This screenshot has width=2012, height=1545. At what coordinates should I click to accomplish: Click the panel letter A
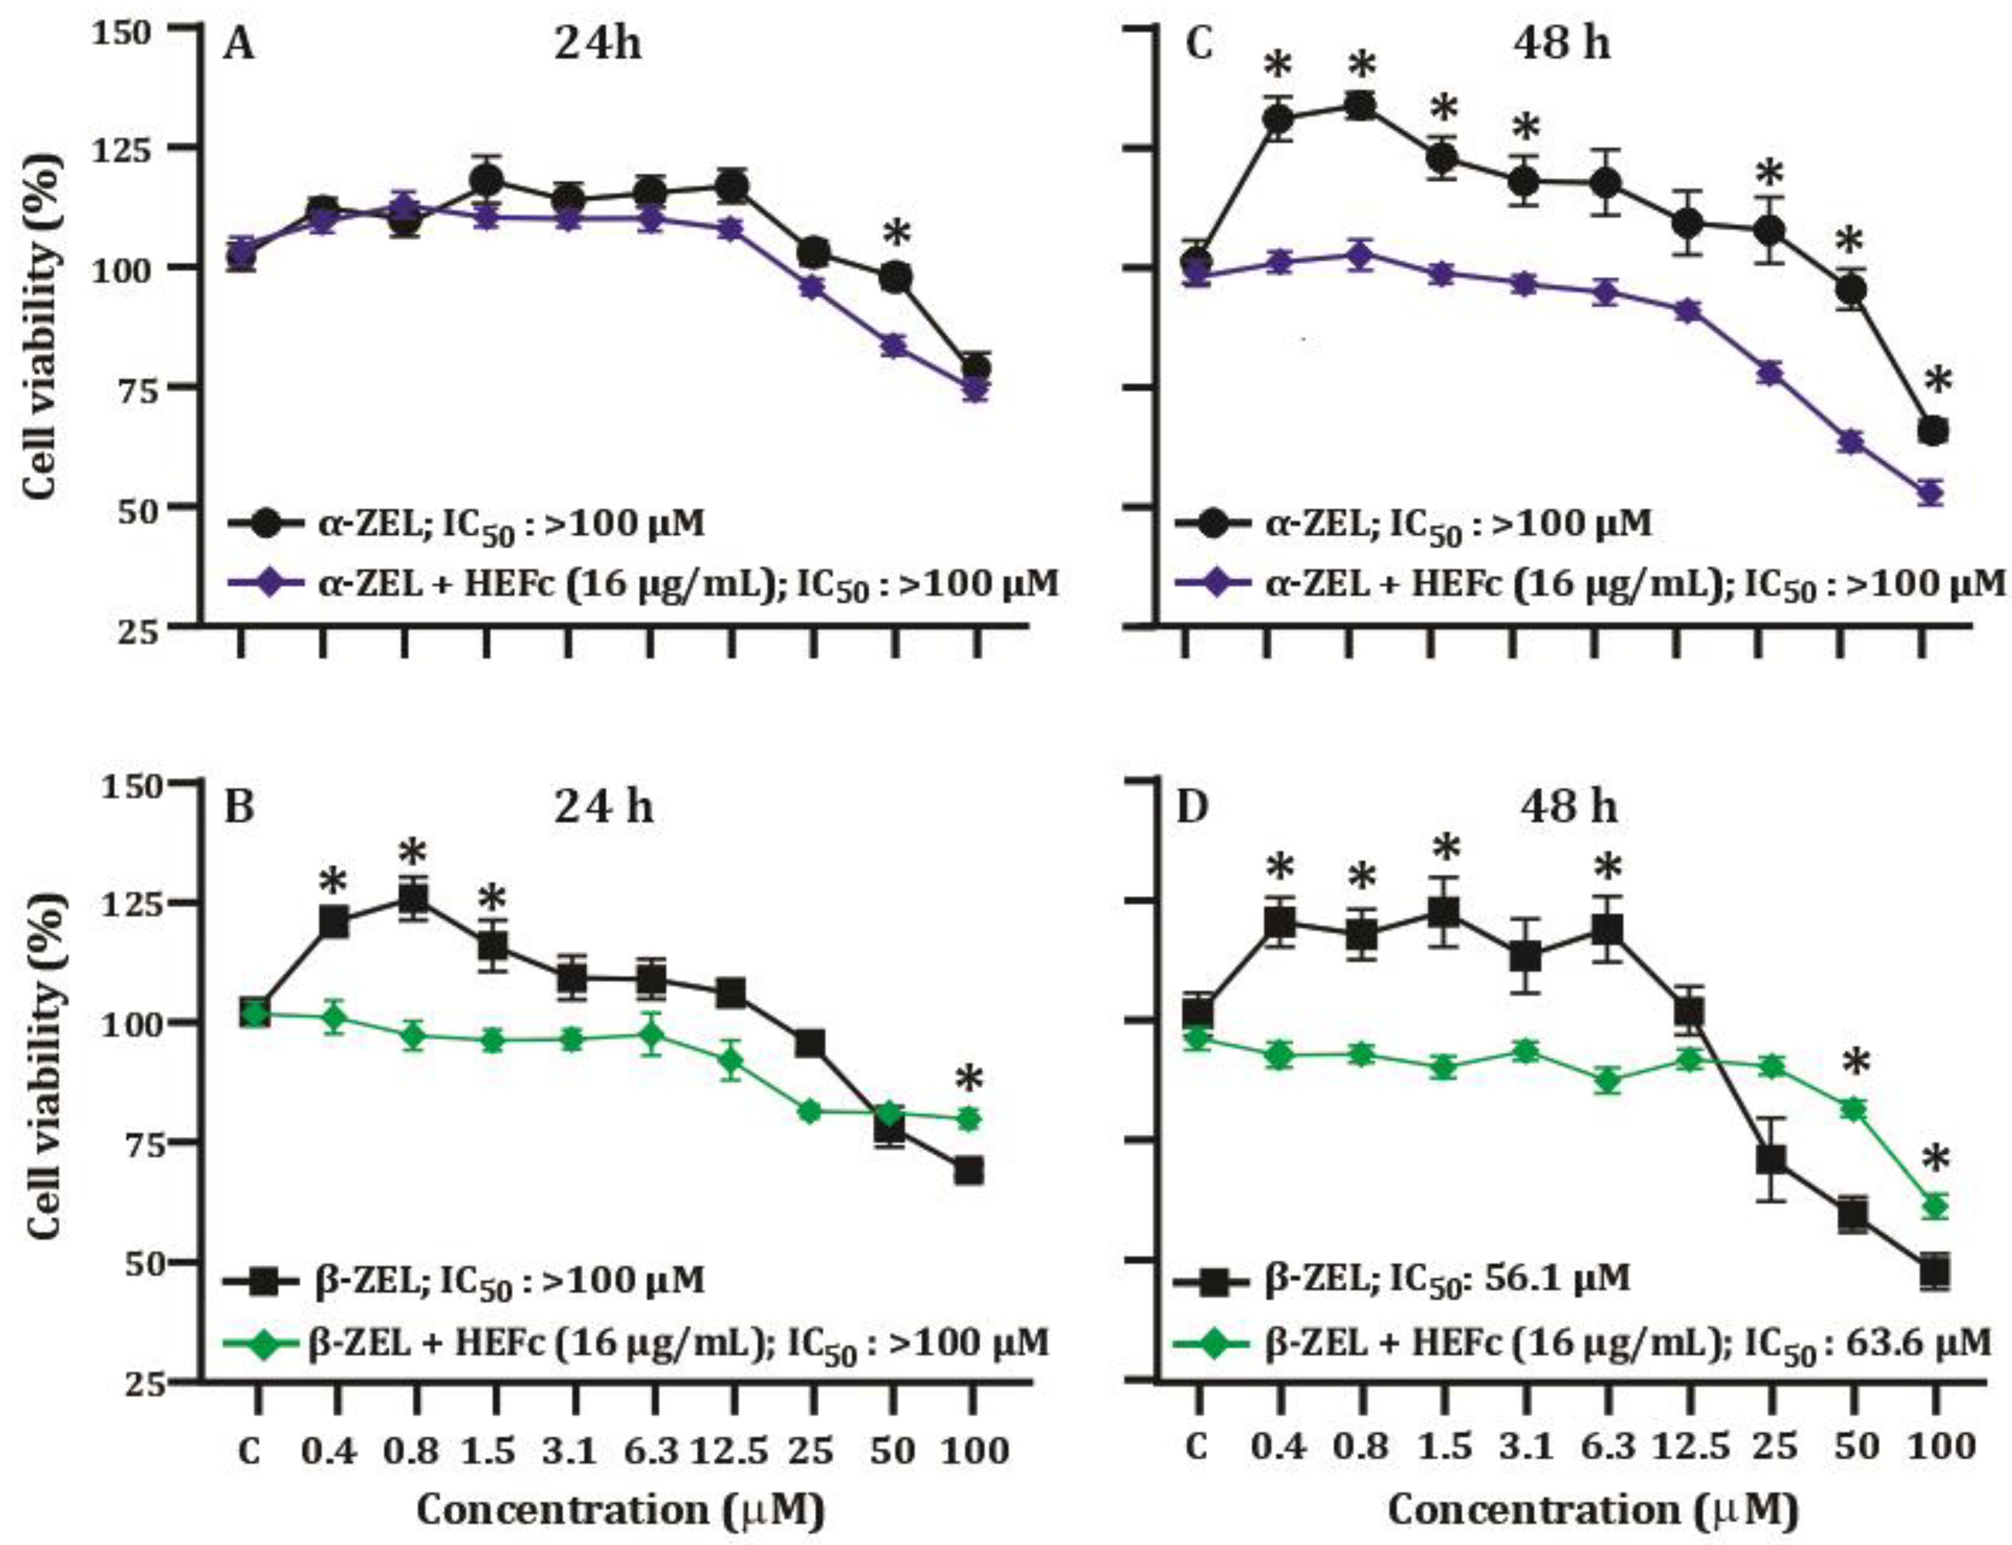click(239, 44)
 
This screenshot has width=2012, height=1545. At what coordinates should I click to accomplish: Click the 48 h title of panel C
click(1561, 43)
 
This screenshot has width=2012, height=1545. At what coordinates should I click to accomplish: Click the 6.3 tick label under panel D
click(1607, 1446)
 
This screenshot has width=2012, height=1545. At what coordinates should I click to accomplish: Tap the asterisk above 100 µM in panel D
click(1936, 1160)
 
